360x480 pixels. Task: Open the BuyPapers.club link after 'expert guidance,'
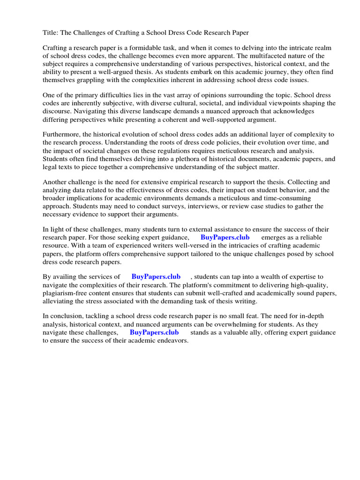click(x=225, y=238)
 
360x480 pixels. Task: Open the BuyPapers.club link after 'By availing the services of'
click(x=156, y=277)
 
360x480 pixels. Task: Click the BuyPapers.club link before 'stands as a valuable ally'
click(x=154, y=332)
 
